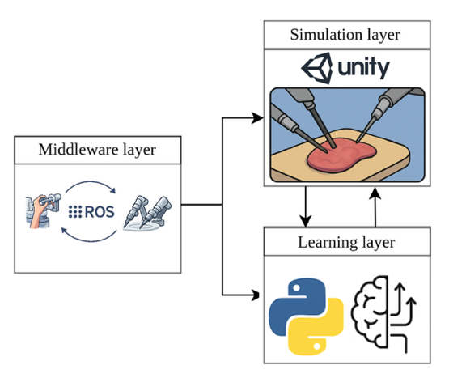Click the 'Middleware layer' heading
97,151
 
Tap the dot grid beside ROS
75,212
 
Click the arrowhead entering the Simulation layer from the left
259,119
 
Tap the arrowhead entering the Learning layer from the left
259,292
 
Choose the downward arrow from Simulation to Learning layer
306,207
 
